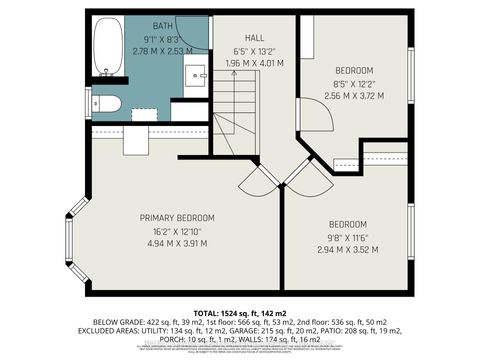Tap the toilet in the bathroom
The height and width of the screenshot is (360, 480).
(107, 103)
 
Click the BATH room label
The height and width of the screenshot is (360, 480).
(163, 25)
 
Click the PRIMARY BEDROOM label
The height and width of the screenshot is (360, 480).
(175, 218)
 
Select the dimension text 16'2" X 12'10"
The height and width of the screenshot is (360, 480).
(175, 230)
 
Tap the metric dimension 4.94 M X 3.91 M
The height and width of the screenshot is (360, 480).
(175, 242)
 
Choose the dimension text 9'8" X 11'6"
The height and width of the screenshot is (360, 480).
(345, 236)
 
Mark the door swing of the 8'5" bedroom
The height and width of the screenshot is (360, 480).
(317, 118)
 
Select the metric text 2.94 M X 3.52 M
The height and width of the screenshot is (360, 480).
(345, 249)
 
